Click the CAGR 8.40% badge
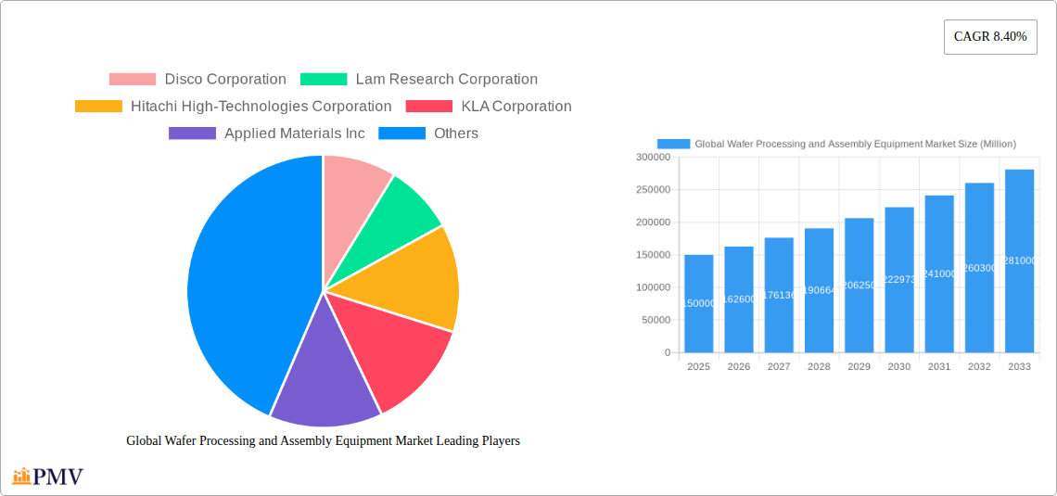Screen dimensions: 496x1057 (x=990, y=37)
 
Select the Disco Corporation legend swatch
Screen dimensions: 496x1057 (x=132, y=80)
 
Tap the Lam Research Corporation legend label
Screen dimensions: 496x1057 (x=446, y=80)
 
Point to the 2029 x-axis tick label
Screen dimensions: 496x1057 (x=859, y=367)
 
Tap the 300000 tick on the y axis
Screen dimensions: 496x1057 (x=653, y=158)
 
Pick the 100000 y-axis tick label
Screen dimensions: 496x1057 (x=653, y=287)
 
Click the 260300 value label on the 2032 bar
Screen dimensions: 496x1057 (x=979, y=268)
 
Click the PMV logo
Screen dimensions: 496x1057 (x=48, y=477)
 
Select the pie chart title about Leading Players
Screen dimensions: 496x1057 (x=323, y=441)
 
